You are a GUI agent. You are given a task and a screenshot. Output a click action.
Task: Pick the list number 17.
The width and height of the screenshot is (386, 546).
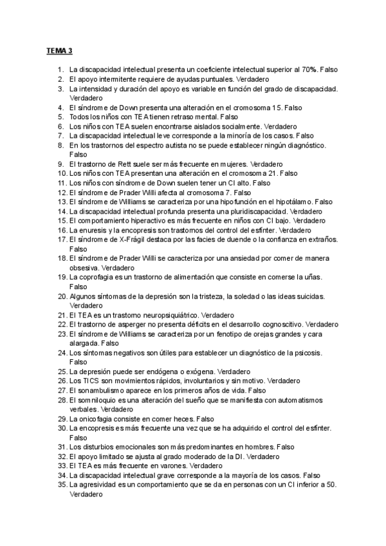click(x=63, y=239)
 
